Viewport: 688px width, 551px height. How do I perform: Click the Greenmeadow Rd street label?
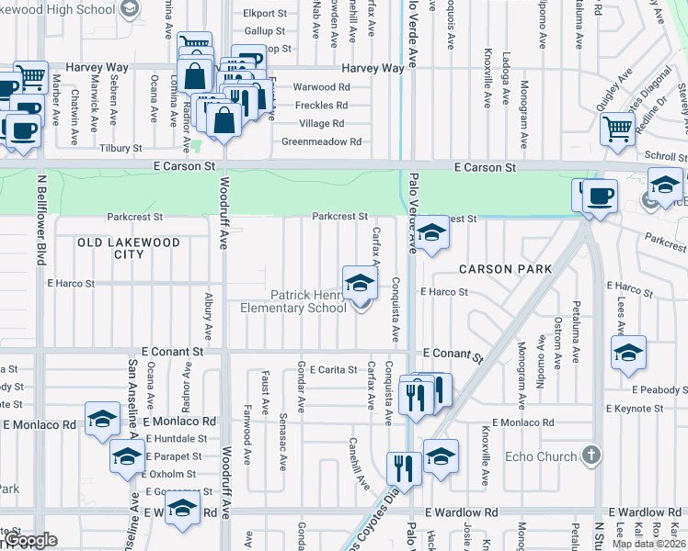click(321, 142)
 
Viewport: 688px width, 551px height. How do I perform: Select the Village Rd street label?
click(321, 124)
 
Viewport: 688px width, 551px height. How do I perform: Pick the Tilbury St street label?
click(121, 148)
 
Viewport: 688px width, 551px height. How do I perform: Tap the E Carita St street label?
click(332, 369)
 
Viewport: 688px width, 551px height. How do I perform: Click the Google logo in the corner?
click(30, 540)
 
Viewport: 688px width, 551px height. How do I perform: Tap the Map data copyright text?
click(649, 544)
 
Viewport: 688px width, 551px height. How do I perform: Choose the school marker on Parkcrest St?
click(432, 234)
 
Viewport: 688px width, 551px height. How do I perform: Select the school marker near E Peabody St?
click(628, 354)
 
